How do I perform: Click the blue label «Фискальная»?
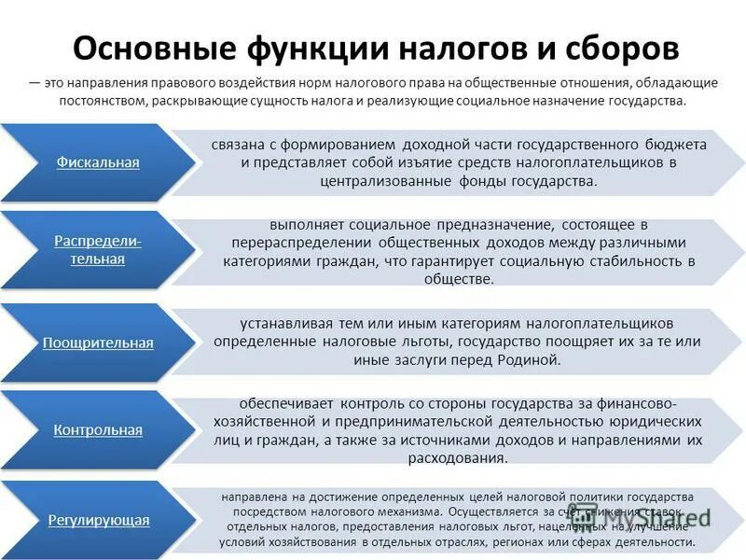[98, 162]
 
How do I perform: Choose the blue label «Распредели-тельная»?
[98, 250]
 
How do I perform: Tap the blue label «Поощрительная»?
[98, 343]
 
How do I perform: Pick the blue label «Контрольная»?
[98, 430]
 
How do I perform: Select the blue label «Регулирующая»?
[98, 520]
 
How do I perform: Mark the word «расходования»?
[457, 458]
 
